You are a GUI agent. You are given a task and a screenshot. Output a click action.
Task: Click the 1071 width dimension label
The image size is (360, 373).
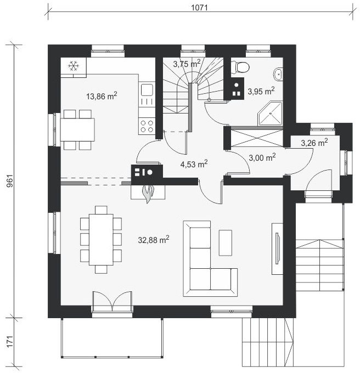coord(199,8)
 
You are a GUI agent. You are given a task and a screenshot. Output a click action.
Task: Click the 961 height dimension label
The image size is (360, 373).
coord(10,181)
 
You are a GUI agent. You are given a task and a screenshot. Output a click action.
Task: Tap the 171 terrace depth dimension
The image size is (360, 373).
coord(10,342)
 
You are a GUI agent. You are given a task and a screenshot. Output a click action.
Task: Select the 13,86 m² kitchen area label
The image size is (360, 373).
coord(102,96)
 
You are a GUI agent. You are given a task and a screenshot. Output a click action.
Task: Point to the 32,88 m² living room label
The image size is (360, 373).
coord(154,240)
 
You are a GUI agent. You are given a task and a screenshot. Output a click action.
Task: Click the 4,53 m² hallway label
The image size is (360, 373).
coord(194,164)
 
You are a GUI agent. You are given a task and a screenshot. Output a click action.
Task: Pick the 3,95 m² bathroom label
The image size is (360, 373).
coord(261,91)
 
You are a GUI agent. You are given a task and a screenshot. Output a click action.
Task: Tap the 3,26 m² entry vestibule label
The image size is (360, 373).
coord(314,143)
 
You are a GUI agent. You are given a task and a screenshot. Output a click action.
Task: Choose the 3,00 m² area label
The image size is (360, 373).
coord(262,157)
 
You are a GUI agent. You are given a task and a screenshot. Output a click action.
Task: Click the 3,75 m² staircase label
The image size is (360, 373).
coord(187,64)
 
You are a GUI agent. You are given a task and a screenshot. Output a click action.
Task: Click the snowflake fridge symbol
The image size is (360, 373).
coord(74,66)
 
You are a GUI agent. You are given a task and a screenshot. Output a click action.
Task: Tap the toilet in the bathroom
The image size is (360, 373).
coord(240,66)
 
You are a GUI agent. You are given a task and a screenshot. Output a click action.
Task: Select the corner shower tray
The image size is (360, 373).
coord(270,113)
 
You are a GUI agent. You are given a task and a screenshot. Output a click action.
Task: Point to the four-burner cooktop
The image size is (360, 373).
coord(147,126)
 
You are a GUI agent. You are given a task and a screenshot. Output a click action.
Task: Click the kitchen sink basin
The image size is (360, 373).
coord(147,89)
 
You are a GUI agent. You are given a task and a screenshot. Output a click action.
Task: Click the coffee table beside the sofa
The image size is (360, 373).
coord(226,242)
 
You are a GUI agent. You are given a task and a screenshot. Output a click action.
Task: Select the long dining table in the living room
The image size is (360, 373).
coord(101,240)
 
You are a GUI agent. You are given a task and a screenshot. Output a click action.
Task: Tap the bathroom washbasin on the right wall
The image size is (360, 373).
coord(278,74)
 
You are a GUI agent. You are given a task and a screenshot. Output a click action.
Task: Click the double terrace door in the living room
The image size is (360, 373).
coord(112,301)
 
